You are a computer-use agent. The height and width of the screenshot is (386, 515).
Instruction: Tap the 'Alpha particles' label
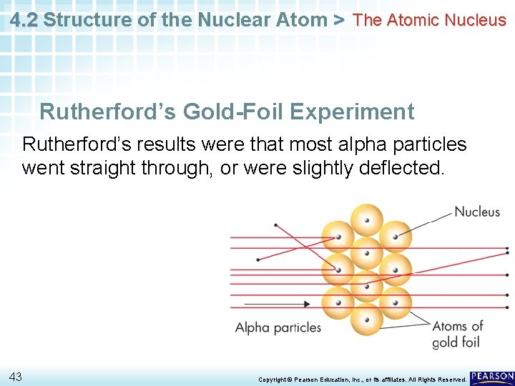(x=278, y=327)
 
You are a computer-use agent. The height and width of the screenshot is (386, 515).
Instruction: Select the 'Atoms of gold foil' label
(x=458, y=334)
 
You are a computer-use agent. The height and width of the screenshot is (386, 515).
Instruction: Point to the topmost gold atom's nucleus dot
(x=367, y=221)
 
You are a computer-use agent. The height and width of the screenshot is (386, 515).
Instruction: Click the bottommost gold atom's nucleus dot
(x=367, y=320)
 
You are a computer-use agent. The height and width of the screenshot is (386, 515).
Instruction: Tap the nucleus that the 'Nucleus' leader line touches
(x=394, y=235)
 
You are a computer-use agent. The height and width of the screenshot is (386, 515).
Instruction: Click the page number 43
(x=16, y=377)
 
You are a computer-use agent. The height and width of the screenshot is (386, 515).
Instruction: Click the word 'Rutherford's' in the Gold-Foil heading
(x=108, y=112)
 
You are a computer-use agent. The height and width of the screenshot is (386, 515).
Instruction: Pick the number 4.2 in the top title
(x=24, y=19)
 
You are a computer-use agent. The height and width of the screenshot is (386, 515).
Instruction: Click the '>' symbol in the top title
(x=340, y=19)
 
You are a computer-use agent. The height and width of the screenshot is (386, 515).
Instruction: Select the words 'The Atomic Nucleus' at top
(x=430, y=20)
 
